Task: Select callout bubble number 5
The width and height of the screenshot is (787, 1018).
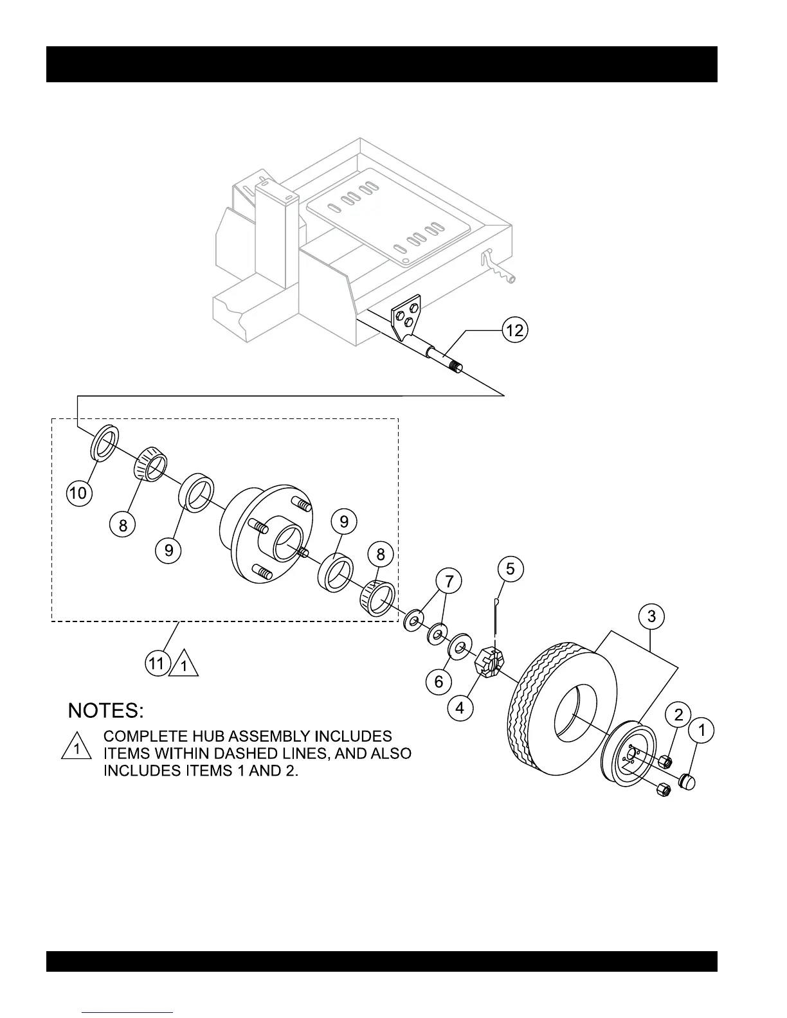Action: tap(511, 568)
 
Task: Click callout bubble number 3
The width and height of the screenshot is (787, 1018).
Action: tap(651, 616)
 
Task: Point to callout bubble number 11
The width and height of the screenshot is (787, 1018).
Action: tap(157, 663)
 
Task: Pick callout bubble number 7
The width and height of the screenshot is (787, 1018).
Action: tap(449, 582)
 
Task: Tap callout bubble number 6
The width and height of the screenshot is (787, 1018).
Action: tap(439, 681)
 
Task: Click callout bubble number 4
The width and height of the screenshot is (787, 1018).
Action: tap(460, 708)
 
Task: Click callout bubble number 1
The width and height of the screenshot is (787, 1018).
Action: tap(701, 730)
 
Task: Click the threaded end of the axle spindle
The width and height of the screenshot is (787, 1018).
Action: tap(455, 368)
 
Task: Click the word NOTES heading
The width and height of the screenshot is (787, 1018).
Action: tap(106, 711)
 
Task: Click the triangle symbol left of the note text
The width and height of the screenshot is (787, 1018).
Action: tap(77, 747)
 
